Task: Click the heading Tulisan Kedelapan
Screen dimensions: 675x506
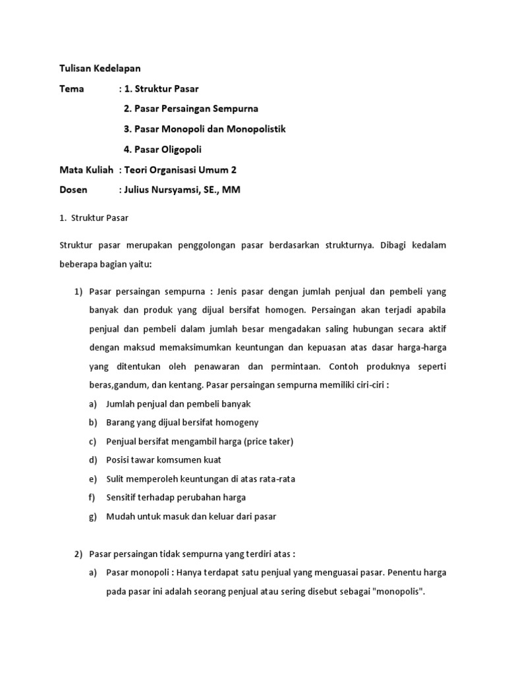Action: (x=99, y=68)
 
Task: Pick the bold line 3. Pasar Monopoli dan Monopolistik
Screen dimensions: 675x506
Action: (x=205, y=129)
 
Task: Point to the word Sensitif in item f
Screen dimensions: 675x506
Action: (x=123, y=498)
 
